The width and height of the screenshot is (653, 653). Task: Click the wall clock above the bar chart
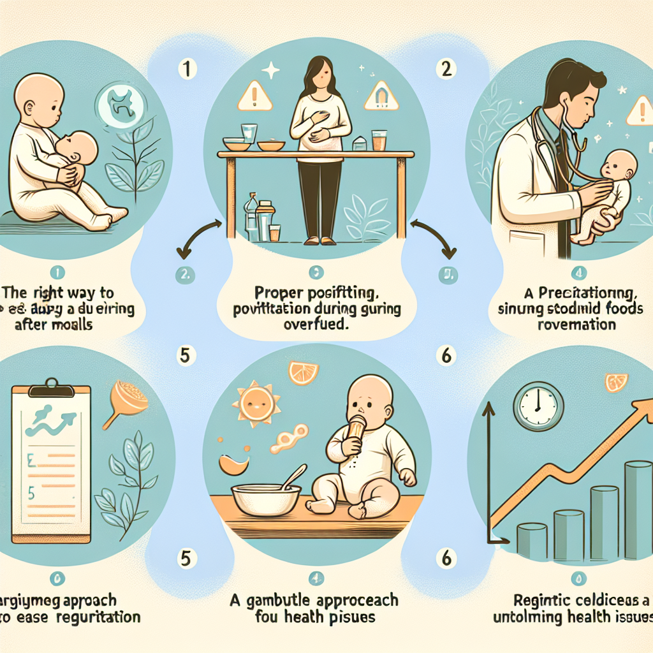point(538,405)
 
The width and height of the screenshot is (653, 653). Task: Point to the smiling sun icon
point(256,403)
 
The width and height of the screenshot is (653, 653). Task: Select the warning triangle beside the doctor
point(639,113)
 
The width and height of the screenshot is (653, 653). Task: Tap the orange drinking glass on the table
point(379,140)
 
